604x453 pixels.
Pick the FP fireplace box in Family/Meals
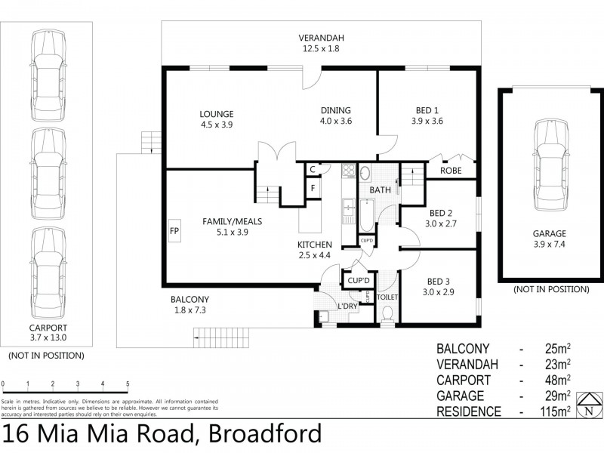(174, 230)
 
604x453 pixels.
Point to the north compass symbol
(587, 405)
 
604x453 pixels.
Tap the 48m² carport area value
(557, 380)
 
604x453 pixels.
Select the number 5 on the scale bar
(128, 384)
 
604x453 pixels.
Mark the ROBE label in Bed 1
(451, 171)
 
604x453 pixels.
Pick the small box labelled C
(311, 169)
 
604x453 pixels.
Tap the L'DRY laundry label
(347, 306)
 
